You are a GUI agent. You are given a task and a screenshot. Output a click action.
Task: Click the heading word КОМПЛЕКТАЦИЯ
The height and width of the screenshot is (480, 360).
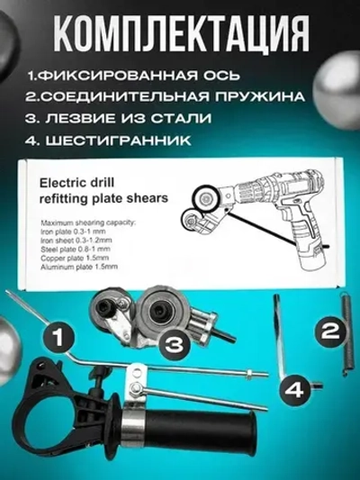click(x=180, y=34)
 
